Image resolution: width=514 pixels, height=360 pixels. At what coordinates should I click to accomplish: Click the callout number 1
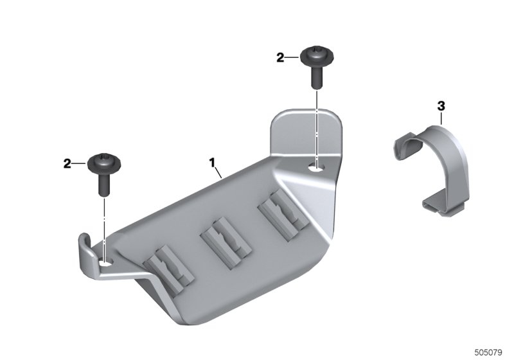[212, 162]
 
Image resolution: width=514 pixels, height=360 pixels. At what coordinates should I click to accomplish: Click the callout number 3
[441, 106]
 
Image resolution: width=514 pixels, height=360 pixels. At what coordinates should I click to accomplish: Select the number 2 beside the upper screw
[280, 58]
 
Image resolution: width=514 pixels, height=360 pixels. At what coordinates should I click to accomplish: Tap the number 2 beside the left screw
[67, 163]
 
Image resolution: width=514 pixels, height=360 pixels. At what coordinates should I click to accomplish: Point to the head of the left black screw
[104, 162]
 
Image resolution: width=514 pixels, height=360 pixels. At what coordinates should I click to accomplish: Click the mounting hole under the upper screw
[317, 168]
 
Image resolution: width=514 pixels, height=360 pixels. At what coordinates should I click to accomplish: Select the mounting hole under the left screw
[105, 262]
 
